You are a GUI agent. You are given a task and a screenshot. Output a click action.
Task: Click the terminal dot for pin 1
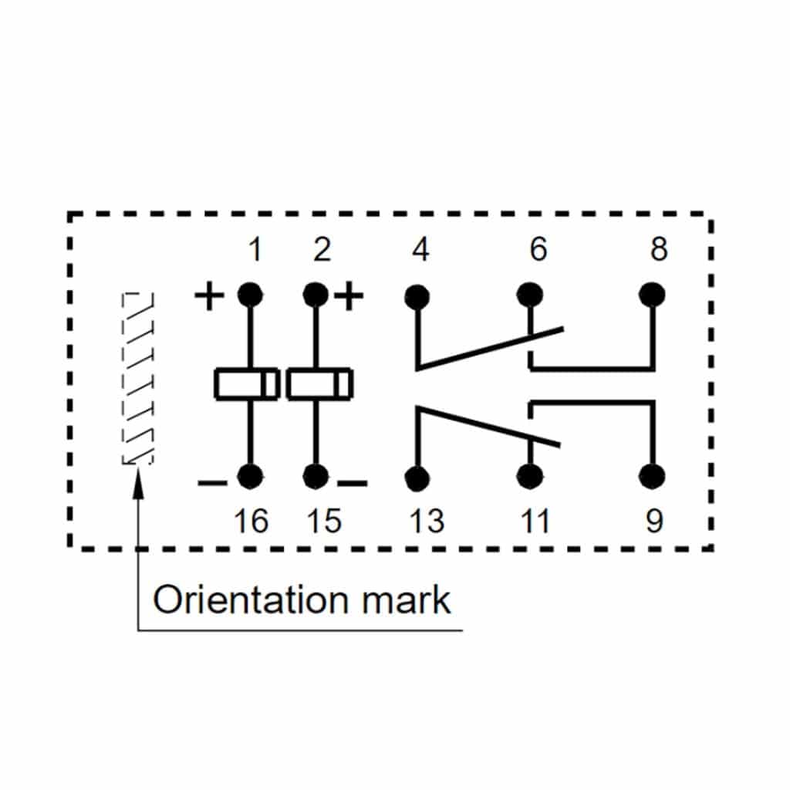(249, 295)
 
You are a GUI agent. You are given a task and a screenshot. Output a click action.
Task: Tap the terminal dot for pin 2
(315, 295)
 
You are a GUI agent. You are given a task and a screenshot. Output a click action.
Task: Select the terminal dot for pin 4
(417, 296)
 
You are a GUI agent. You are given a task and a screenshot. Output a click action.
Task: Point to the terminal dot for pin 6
(529, 295)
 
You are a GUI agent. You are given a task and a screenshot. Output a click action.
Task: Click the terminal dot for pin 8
(653, 295)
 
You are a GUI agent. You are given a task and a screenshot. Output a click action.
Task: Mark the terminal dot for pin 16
(249, 477)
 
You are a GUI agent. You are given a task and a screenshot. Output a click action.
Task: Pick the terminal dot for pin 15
(315, 477)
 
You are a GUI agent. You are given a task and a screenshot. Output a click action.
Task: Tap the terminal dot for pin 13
(417, 478)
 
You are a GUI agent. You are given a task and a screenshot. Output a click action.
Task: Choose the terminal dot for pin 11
(529, 477)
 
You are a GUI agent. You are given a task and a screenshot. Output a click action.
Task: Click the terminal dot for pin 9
(653, 477)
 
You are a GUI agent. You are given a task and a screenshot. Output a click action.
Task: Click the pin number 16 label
(251, 522)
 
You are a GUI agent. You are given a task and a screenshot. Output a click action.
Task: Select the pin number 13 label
(427, 522)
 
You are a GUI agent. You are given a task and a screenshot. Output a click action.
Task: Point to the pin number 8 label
(658, 250)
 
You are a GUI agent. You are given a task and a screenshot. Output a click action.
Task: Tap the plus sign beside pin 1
(208, 296)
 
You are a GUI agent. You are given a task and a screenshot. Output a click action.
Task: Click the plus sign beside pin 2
(349, 296)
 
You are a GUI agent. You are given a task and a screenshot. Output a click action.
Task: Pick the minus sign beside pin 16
(212, 484)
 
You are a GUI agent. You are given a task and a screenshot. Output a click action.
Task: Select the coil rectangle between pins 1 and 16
(247, 384)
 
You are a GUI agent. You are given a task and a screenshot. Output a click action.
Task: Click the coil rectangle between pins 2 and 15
(319, 384)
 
